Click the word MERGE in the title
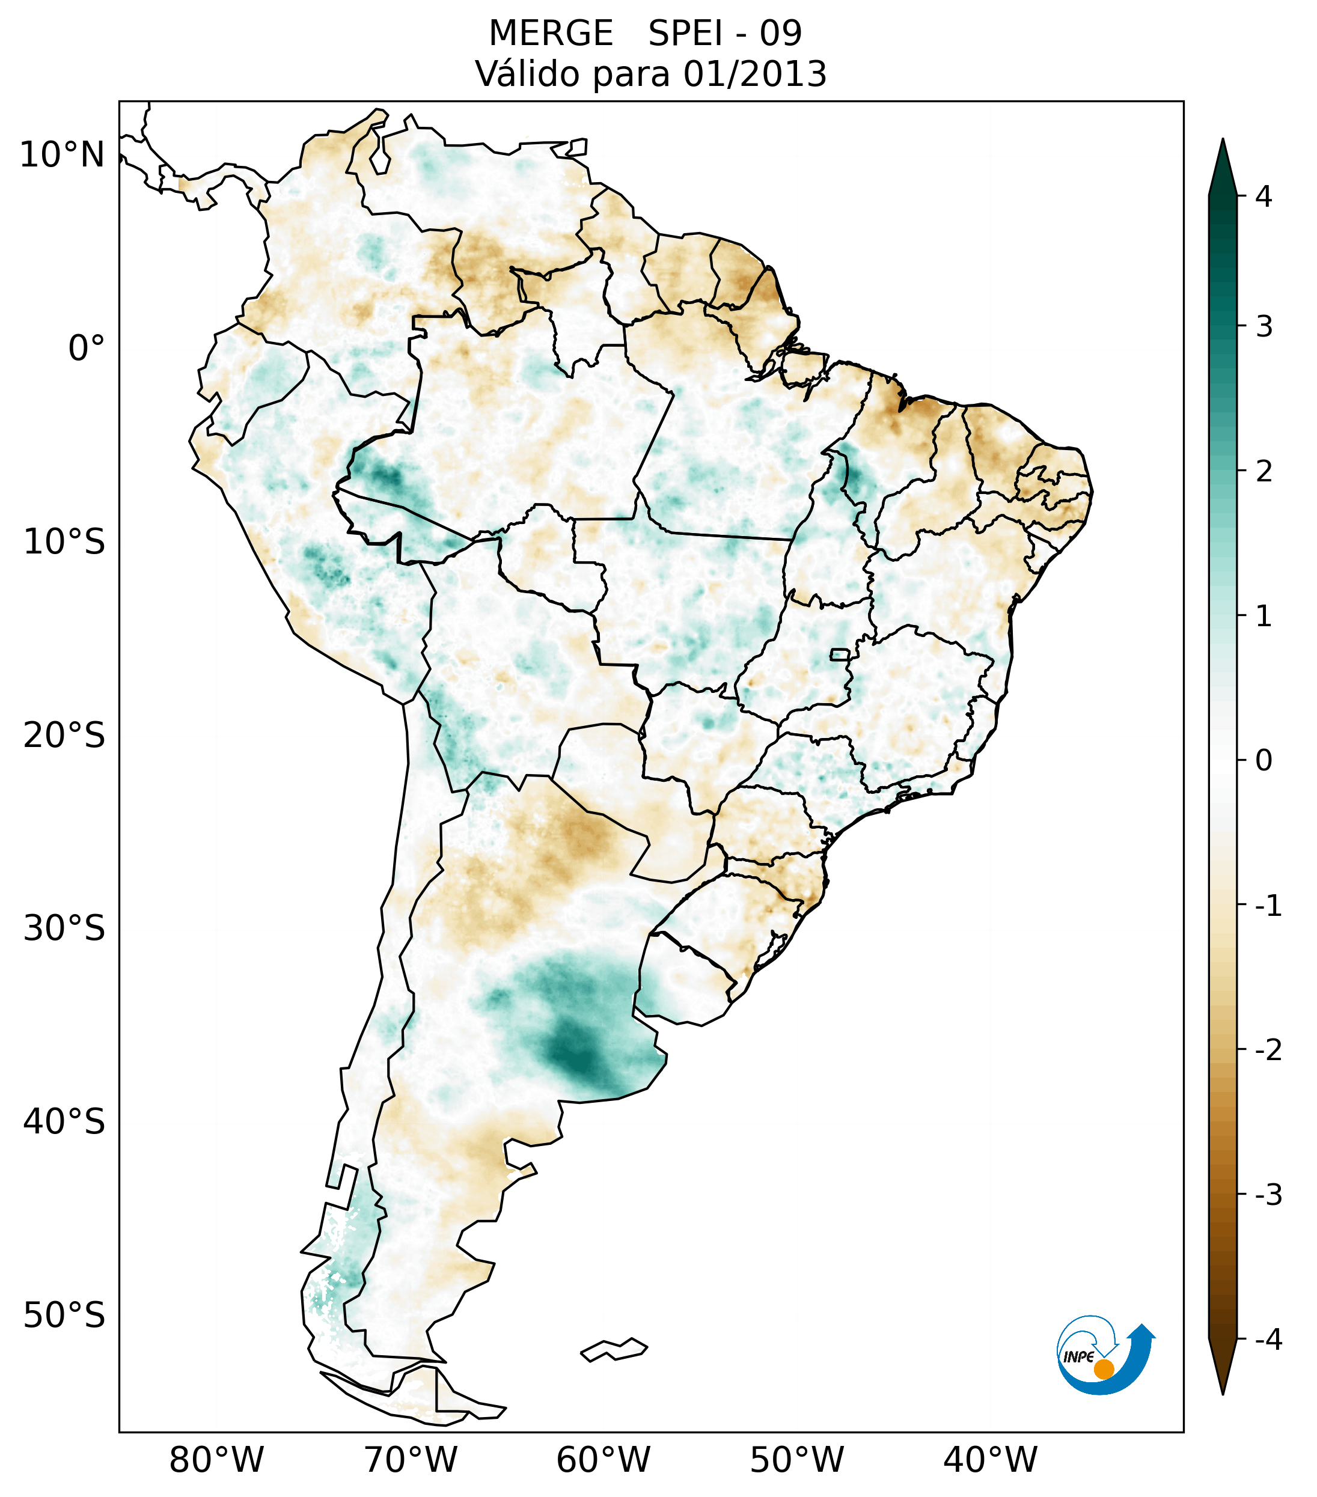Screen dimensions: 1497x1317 click(550, 34)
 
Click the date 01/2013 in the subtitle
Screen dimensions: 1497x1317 click(755, 74)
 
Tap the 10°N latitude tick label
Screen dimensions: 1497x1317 click(63, 155)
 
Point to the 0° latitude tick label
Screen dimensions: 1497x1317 click(87, 349)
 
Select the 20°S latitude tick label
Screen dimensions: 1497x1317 click(64, 736)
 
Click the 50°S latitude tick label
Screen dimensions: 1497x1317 click(64, 1316)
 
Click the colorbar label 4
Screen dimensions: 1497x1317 click(1264, 197)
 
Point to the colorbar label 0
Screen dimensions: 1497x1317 click(1264, 761)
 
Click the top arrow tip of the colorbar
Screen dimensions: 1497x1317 click(1223, 141)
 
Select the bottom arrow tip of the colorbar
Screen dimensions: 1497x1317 click(1223, 1393)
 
